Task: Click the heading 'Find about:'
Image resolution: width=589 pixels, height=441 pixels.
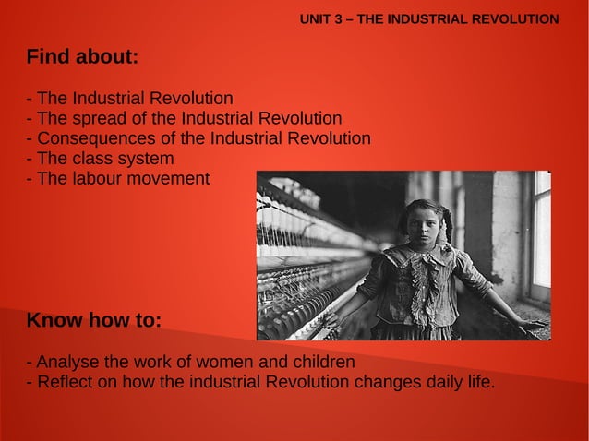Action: coord(82,57)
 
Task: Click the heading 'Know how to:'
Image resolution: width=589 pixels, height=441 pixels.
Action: coord(94,321)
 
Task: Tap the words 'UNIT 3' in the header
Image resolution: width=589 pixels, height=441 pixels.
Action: coord(321,18)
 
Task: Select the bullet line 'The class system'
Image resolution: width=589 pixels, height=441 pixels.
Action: coord(102,159)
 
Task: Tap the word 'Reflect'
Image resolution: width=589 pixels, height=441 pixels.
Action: coord(62,382)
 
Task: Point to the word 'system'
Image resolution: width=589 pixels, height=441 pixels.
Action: coord(148,159)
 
